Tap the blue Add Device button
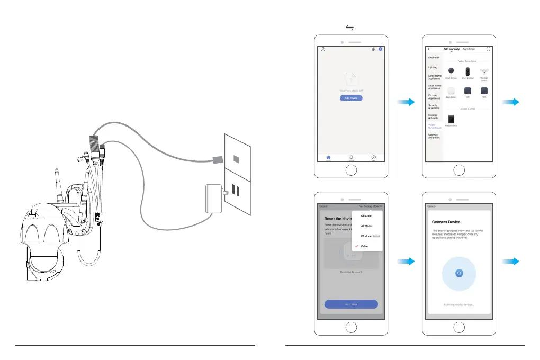351,98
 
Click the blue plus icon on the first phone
380,49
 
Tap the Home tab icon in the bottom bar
328,157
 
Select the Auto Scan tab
469,49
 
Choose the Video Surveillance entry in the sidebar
435,126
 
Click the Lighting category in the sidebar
433,67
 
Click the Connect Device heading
447,221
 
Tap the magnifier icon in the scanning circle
459,273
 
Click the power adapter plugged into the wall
214,198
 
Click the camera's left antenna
56,183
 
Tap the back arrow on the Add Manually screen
428,49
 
